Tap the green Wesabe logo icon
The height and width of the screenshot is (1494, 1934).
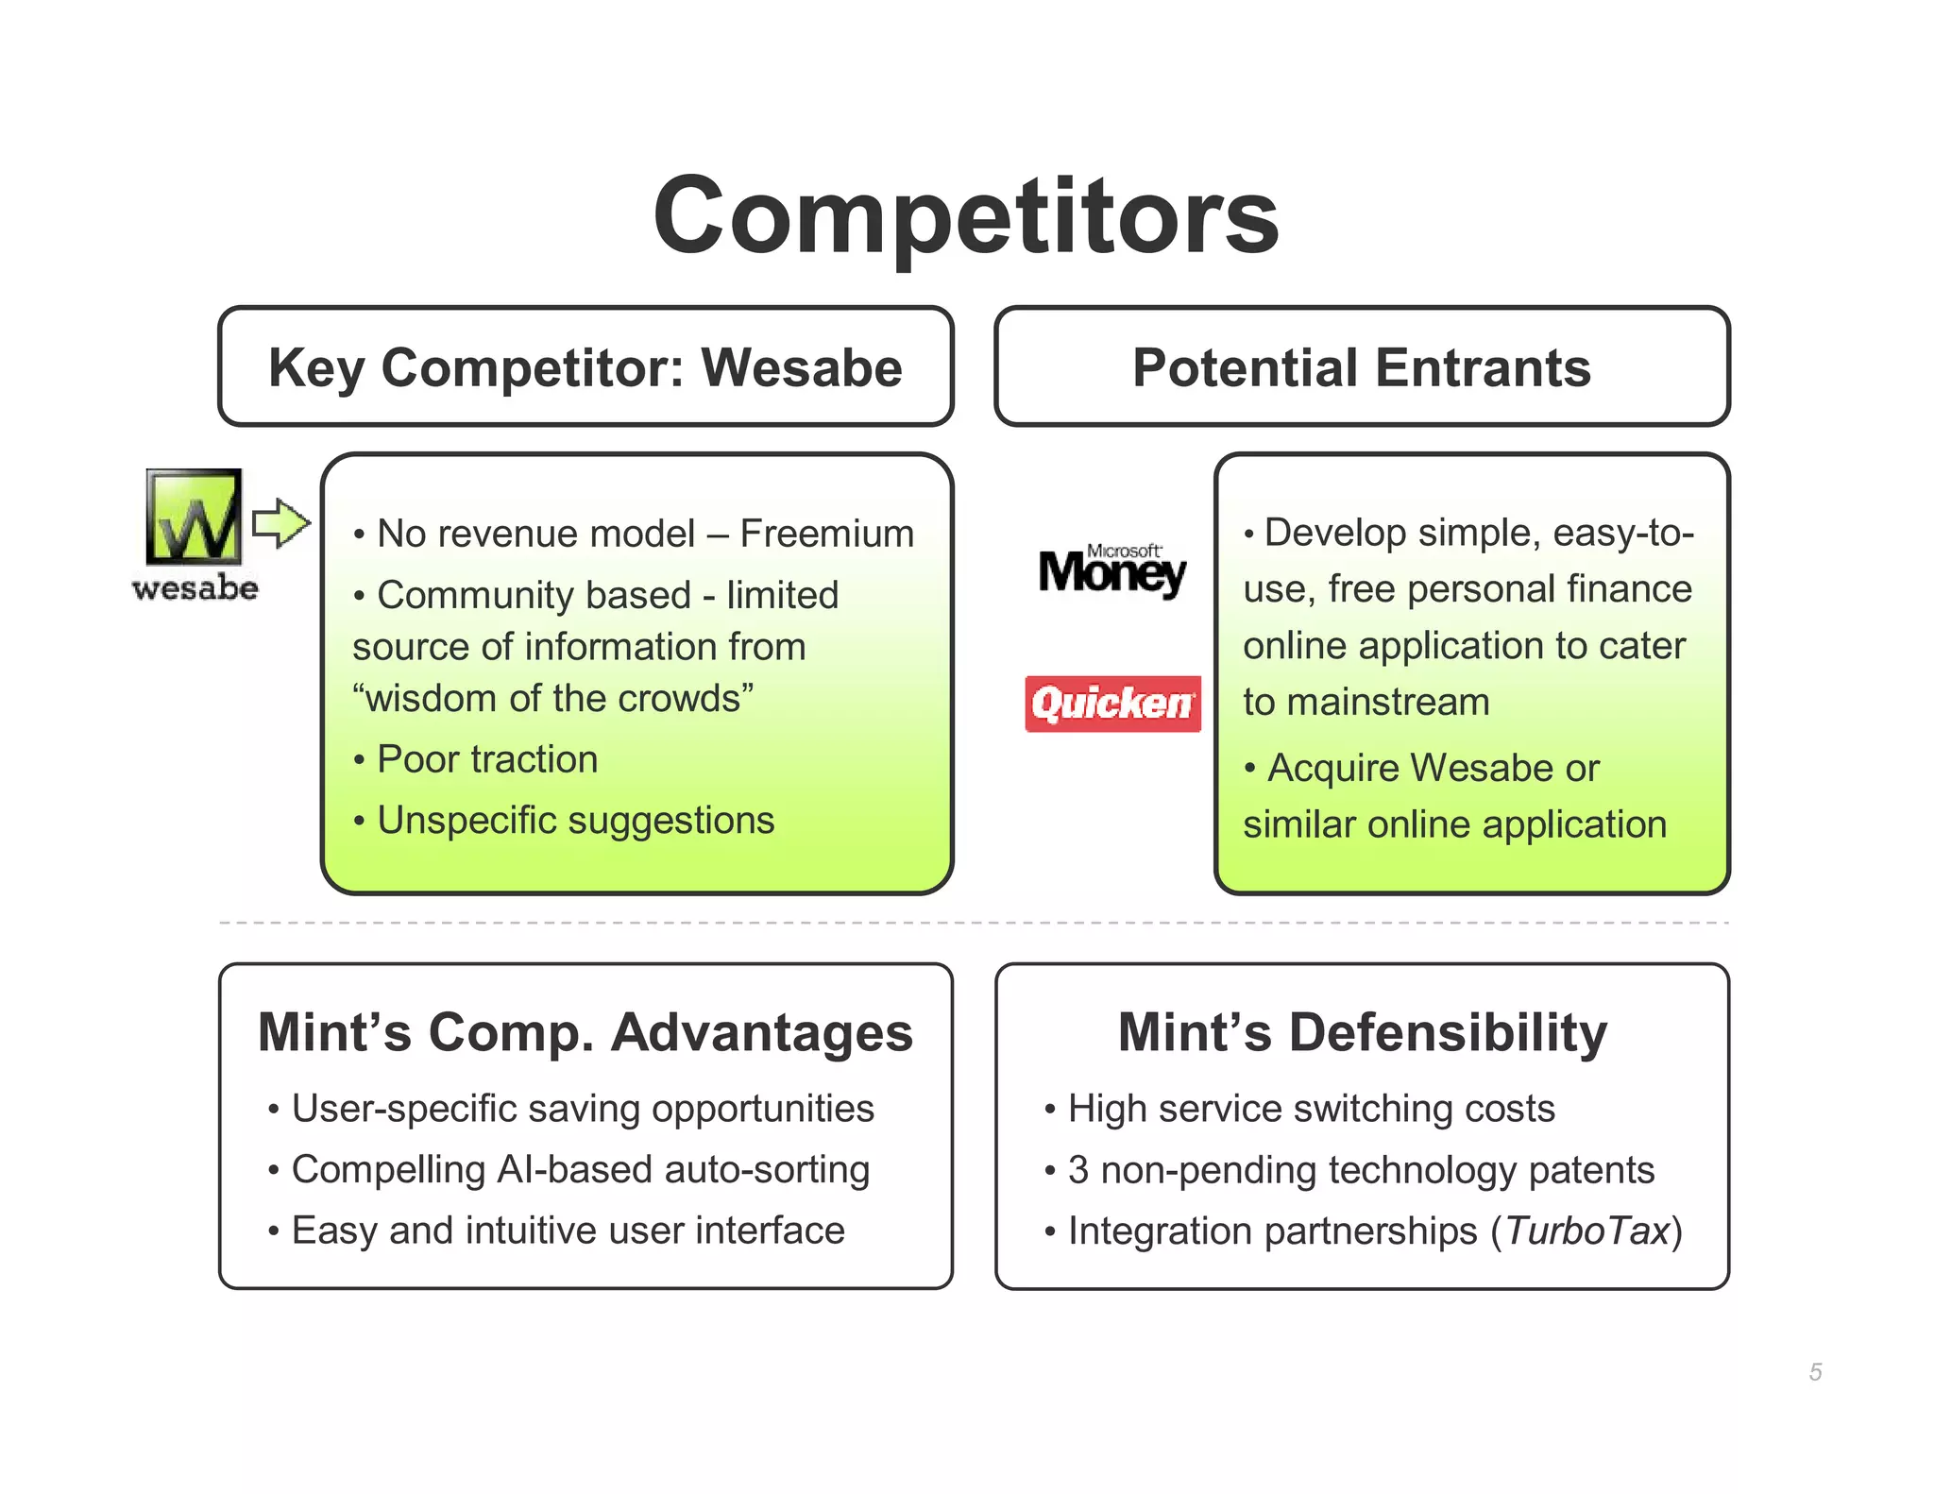pos(194,517)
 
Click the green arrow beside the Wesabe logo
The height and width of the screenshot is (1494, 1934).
pos(280,522)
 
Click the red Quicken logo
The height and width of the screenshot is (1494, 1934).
pos(1112,704)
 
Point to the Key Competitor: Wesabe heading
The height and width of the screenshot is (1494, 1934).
pos(585,367)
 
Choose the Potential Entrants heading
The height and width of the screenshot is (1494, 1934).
pos(1361,367)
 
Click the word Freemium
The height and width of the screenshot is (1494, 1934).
pos(826,534)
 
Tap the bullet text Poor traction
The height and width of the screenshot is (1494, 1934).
pos(487,759)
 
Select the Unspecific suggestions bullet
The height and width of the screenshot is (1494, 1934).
pos(575,820)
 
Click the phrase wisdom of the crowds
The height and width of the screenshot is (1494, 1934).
pos(553,699)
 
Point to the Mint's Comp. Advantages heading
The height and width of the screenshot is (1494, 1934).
pos(585,1031)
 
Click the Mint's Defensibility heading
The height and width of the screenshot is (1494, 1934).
pos(1362,1031)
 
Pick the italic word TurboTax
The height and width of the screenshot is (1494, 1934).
pos(1586,1231)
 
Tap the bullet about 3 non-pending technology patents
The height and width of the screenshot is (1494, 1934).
pos(1361,1170)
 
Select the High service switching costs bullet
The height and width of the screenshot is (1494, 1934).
pos(1311,1109)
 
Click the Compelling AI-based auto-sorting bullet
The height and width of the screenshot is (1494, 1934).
pos(580,1170)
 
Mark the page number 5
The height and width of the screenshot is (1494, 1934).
pos(1815,1371)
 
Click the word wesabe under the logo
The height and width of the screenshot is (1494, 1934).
pos(195,588)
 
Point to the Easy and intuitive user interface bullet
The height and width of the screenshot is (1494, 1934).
pos(568,1231)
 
